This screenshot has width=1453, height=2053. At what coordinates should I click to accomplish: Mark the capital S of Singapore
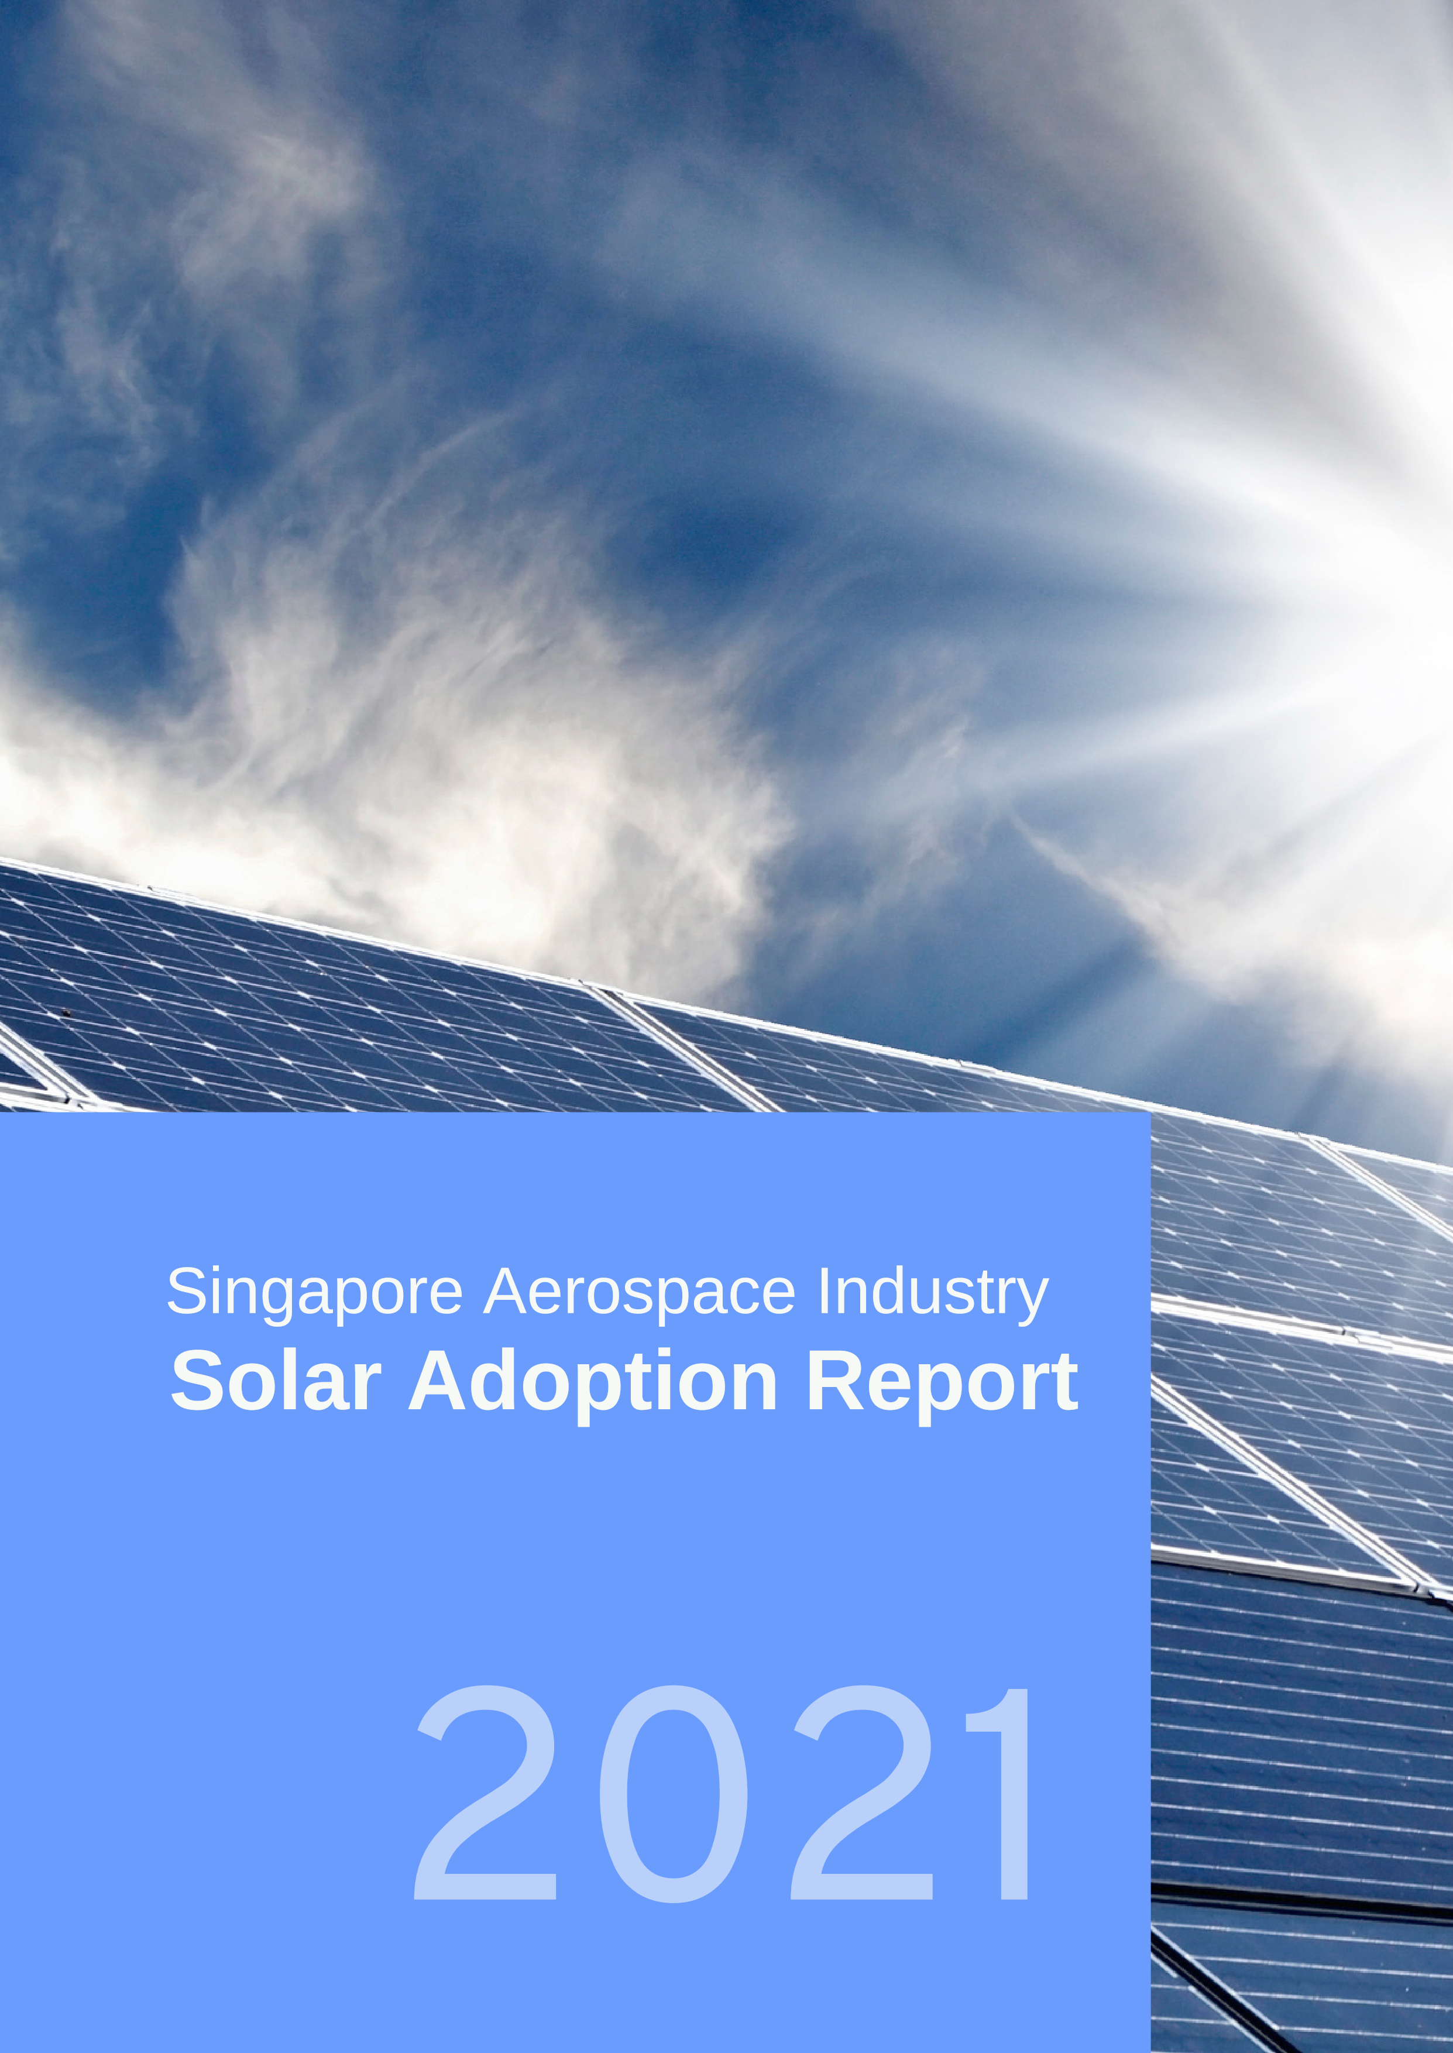pyautogui.click(x=187, y=1291)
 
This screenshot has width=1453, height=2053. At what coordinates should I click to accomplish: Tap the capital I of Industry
pyautogui.click(x=823, y=1291)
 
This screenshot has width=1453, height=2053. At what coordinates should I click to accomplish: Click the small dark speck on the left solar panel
pyautogui.click(x=64, y=1012)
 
